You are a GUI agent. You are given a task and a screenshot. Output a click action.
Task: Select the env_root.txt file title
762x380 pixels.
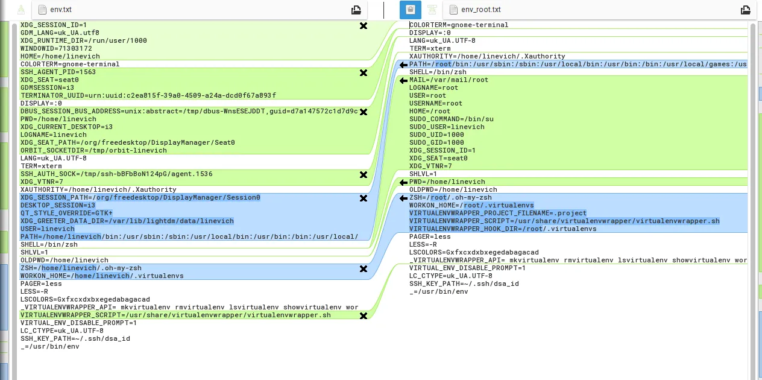(480, 10)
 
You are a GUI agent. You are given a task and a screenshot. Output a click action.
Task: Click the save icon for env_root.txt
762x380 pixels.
(746, 10)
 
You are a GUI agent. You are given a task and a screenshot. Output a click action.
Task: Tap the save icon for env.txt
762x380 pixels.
(356, 10)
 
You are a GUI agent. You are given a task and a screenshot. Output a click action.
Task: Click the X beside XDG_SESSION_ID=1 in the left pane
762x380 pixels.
(364, 25)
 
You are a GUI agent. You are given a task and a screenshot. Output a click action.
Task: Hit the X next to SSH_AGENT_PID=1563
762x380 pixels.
(364, 72)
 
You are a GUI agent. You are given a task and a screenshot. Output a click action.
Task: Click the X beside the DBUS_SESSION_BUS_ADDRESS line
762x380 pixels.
(364, 112)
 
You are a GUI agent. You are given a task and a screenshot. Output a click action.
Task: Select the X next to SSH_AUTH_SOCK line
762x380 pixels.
(364, 174)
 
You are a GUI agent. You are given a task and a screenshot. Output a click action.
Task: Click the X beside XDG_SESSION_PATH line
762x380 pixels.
(364, 198)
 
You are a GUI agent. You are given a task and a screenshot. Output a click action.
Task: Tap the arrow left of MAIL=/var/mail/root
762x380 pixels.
(403, 80)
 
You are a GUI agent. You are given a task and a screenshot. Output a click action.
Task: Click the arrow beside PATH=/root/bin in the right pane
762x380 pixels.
(403, 65)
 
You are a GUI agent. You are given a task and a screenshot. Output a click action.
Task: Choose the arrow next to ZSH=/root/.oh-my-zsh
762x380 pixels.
(403, 198)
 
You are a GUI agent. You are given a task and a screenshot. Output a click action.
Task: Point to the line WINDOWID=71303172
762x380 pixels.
(56, 48)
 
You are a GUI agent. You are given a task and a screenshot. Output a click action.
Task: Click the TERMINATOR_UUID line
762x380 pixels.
(148, 95)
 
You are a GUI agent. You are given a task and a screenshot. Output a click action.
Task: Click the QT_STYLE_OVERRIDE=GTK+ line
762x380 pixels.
(66, 213)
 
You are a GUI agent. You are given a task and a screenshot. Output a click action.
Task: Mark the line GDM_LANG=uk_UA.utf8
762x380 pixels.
(60, 33)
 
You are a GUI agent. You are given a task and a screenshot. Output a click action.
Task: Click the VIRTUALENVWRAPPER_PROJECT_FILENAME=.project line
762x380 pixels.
(497, 213)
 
